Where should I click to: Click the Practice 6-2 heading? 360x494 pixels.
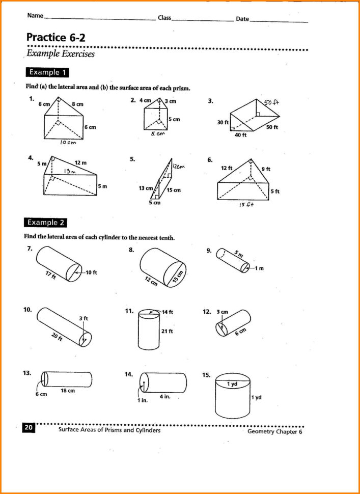(x=53, y=37)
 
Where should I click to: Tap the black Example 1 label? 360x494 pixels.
(x=47, y=72)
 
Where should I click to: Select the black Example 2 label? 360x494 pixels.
(x=46, y=223)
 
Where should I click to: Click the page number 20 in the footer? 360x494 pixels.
(x=29, y=428)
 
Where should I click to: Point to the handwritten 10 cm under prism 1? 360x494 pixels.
(x=68, y=143)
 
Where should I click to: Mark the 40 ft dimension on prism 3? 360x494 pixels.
(x=240, y=135)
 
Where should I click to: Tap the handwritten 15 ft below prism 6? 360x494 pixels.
(x=246, y=205)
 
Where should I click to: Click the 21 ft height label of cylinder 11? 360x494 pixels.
(x=167, y=331)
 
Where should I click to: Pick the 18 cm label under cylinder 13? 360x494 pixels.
(x=68, y=391)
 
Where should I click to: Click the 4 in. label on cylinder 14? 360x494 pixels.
(x=164, y=396)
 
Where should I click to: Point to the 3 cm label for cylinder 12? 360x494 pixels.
(x=222, y=312)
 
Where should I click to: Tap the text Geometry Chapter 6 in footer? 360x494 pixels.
(x=274, y=432)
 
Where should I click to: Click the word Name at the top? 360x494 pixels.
(x=35, y=16)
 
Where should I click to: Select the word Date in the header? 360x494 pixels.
(x=242, y=19)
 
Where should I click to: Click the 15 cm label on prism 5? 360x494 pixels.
(x=173, y=190)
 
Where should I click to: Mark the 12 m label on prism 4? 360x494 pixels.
(x=80, y=163)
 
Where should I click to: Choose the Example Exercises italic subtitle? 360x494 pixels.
(x=60, y=54)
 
